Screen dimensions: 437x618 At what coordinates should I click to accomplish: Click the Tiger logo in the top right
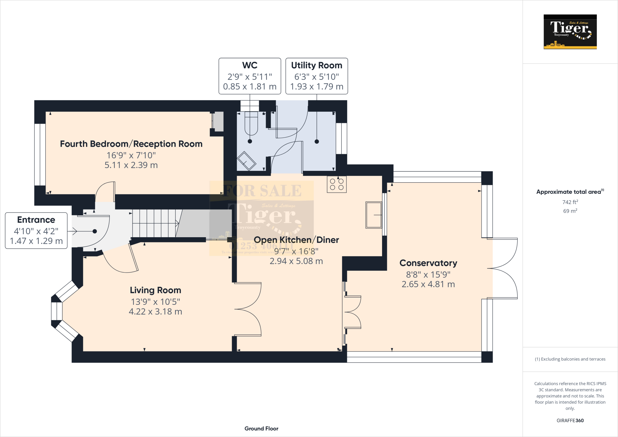(x=570, y=32)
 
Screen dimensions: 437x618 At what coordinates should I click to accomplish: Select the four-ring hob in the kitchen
(x=336, y=184)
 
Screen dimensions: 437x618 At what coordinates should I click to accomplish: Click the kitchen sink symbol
(x=374, y=215)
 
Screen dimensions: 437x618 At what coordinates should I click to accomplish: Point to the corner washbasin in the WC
(x=246, y=161)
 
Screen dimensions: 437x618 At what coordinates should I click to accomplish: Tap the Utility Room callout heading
(x=317, y=65)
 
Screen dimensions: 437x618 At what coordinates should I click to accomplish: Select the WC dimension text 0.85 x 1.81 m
(x=250, y=87)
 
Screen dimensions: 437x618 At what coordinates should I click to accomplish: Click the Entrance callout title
(x=36, y=220)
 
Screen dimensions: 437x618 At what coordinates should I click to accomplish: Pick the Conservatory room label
(x=428, y=263)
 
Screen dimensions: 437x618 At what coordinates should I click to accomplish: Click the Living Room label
(x=155, y=290)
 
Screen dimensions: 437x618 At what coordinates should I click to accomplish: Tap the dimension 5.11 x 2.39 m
(x=131, y=165)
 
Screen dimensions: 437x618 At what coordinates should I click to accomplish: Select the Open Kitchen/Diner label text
(x=296, y=240)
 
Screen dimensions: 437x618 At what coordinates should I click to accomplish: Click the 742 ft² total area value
(x=570, y=202)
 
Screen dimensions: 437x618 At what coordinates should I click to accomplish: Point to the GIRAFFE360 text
(x=570, y=420)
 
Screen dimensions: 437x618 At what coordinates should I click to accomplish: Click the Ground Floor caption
(x=261, y=429)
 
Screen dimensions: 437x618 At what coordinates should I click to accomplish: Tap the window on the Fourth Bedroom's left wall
(x=40, y=154)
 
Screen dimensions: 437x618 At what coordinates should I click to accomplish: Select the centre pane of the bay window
(x=56, y=311)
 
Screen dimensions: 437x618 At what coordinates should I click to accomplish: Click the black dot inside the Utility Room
(x=317, y=142)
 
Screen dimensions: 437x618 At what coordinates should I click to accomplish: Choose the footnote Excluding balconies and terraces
(x=570, y=359)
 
